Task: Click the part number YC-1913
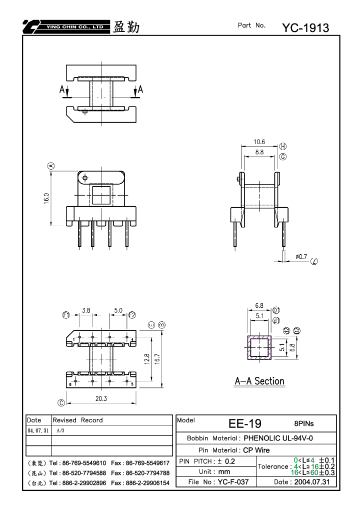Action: coord(305,28)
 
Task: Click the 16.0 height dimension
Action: coord(46,198)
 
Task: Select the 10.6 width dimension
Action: coord(259,142)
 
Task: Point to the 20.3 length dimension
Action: coord(101,398)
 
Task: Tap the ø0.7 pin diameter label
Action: coord(301,257)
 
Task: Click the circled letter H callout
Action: coord(283,146)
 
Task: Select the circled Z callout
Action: coord(314,261)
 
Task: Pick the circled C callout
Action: coord(61,403)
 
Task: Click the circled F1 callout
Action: coord(66,315)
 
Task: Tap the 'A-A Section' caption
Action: coord(259,381)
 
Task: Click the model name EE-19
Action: coord(245,423)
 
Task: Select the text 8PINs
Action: coord(304,423)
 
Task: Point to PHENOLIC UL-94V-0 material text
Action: coord(278,438)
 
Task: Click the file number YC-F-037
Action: coord(233,481)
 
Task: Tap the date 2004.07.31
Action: coord(312,481)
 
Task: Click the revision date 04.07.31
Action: coord(38,430)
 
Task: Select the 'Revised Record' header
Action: coord(77,420)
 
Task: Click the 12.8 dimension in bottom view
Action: coord(147,359)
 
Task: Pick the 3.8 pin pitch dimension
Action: coord(86,310)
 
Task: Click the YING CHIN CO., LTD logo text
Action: coord(74,27)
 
